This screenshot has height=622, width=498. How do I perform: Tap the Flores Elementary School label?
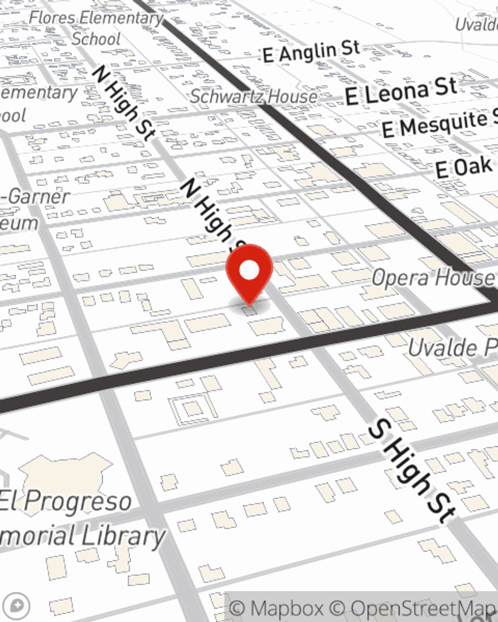coord(96,28)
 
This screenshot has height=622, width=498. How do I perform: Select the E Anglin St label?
coord(311,52)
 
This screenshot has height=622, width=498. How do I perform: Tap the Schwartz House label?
coord(253,96)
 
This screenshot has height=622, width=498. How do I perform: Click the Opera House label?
coord(433,278)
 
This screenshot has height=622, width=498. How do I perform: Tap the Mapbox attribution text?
coord(276,608)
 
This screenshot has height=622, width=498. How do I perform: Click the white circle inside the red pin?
coord(249,270)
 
